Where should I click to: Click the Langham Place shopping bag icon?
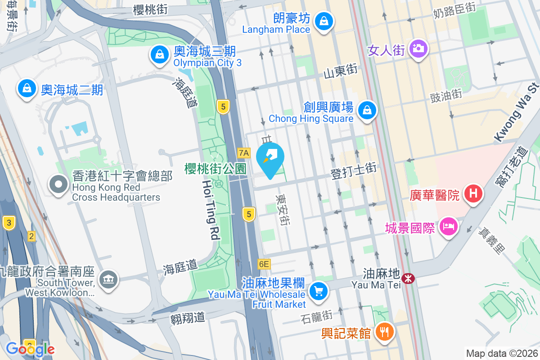[323, 21]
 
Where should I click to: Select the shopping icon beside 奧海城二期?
[27, 88]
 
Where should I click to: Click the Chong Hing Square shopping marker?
[367, 110]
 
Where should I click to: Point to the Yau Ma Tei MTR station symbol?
[408, 279]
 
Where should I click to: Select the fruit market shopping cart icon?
[319, 291]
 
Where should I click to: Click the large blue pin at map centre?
[270, 159]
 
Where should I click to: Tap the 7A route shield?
[243, 153]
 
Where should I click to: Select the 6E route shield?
[264, 264]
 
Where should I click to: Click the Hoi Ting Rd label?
[211, 210]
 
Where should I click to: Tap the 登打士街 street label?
[353, 171]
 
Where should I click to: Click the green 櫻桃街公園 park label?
[216, 169]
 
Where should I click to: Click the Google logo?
[30, 349]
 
